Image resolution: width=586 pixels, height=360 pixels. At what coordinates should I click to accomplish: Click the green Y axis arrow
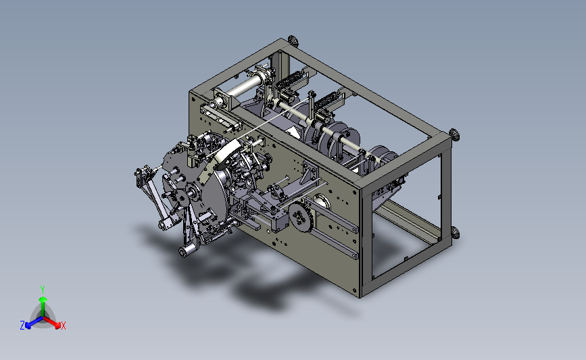click(x=43, y=306)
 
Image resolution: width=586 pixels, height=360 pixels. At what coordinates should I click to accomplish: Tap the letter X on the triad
click(x=64, y=326)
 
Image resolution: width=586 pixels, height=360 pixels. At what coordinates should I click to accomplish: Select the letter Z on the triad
click(x=22, y=326)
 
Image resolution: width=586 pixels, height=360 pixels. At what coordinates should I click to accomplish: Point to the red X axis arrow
click(x=52, y=323)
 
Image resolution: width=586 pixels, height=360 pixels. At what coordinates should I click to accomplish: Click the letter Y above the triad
click(x=43, y=290)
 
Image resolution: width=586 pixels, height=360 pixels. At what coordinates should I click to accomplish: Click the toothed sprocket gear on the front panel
click(x=299, y=215)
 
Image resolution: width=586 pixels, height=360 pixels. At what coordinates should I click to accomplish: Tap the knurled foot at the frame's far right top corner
click(x=454, y=134)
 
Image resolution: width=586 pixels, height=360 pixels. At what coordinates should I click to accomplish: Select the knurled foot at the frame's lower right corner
click(x=455, y=233)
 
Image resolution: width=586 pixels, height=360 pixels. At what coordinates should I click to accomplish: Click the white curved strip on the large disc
click(x=224, y=153)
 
